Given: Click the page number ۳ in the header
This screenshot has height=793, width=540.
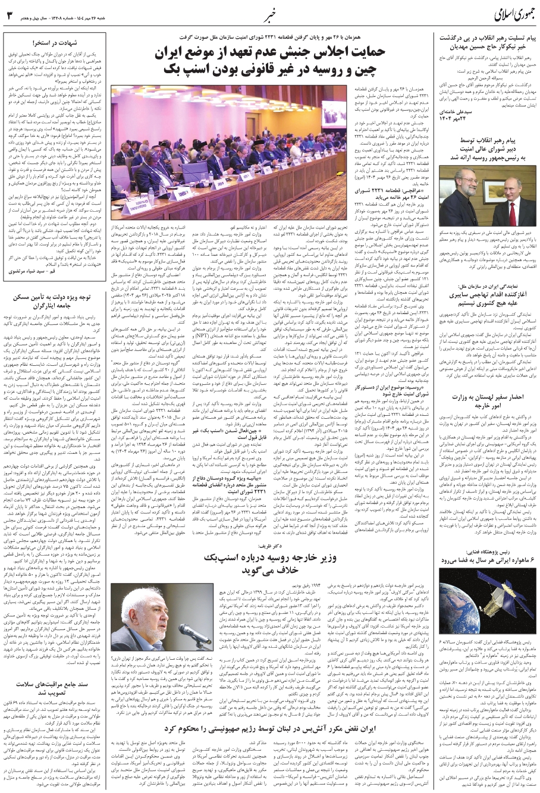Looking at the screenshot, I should point(9,14).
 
